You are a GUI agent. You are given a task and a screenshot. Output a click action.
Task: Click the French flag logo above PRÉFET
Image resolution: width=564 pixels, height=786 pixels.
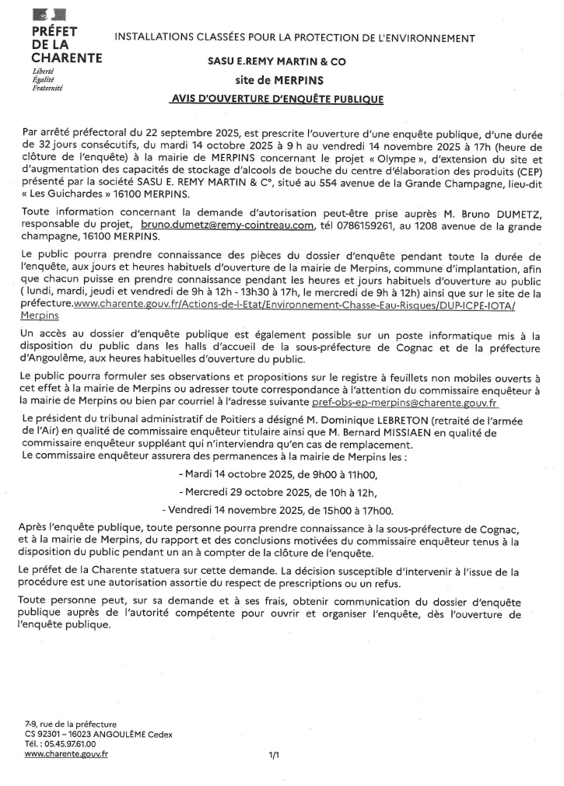[x=49, y=15]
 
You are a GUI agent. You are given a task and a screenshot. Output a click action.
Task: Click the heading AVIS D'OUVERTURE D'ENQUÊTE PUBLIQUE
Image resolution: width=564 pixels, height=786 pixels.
[x=277, y=100]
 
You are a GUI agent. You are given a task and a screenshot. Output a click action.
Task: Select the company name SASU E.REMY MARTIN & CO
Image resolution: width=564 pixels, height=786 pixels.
[x=278, y=61]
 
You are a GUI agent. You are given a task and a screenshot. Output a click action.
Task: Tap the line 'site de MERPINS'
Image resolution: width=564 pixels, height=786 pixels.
[x=278, y=79]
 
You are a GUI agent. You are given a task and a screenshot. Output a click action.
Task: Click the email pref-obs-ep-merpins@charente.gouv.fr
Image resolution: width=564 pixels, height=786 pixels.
[x=405, y=404]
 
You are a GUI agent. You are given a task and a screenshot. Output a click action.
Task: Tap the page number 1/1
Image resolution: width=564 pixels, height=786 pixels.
[x=274, y=755]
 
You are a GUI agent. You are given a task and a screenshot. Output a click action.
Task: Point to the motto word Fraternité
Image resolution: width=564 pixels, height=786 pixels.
[x=47, y=88]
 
